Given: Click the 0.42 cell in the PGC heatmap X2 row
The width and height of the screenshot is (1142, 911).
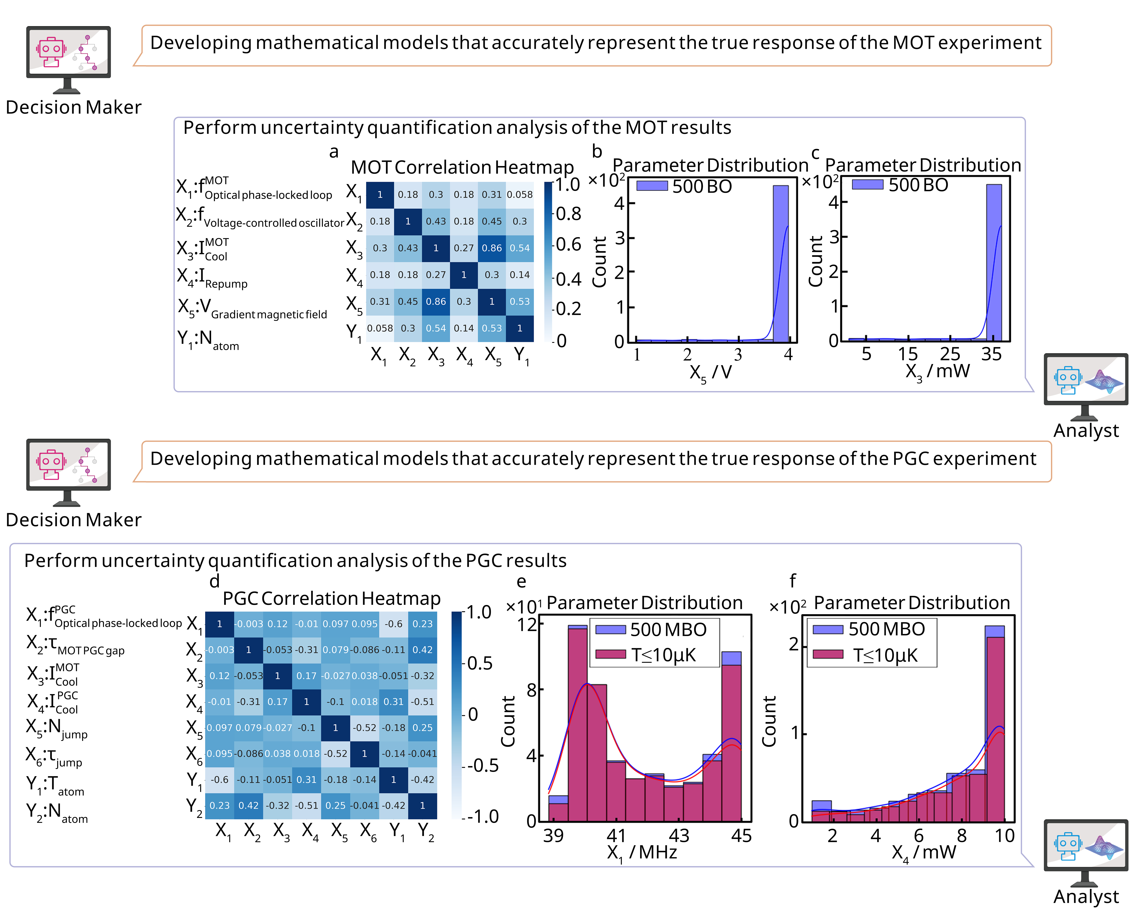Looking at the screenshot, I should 422,650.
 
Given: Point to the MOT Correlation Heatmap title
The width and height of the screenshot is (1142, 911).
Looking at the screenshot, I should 462,167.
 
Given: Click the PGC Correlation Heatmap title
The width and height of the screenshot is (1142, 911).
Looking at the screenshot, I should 332,599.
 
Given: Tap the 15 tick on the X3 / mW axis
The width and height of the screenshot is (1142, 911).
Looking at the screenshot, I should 907,354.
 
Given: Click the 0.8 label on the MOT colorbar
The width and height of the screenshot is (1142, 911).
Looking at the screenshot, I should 568,214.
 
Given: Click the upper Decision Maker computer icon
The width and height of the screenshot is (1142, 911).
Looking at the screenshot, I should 68,58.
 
